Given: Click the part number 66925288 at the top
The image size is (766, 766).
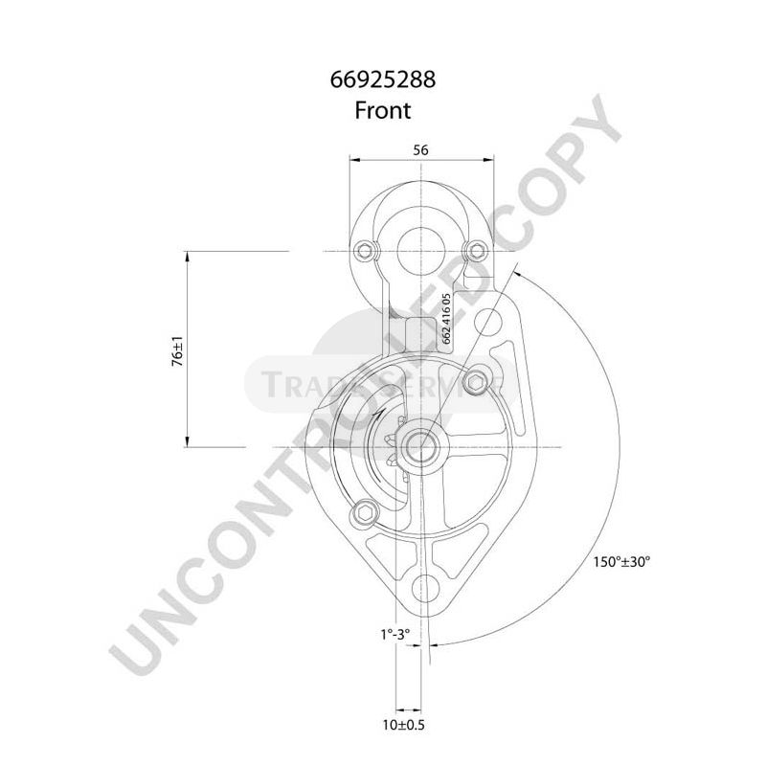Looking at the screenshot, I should [383, 80].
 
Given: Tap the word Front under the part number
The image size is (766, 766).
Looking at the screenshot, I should [383, 110].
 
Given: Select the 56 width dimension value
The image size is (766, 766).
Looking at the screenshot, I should [419, 149].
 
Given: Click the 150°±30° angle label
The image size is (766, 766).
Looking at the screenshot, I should [620, 562].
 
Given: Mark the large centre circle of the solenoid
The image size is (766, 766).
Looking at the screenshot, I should [418, 243].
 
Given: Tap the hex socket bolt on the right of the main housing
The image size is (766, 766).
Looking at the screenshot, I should [480, 385].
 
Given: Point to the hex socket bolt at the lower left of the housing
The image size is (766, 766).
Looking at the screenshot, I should [363, 514].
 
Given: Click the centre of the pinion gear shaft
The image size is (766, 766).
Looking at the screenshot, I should [419, 446].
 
